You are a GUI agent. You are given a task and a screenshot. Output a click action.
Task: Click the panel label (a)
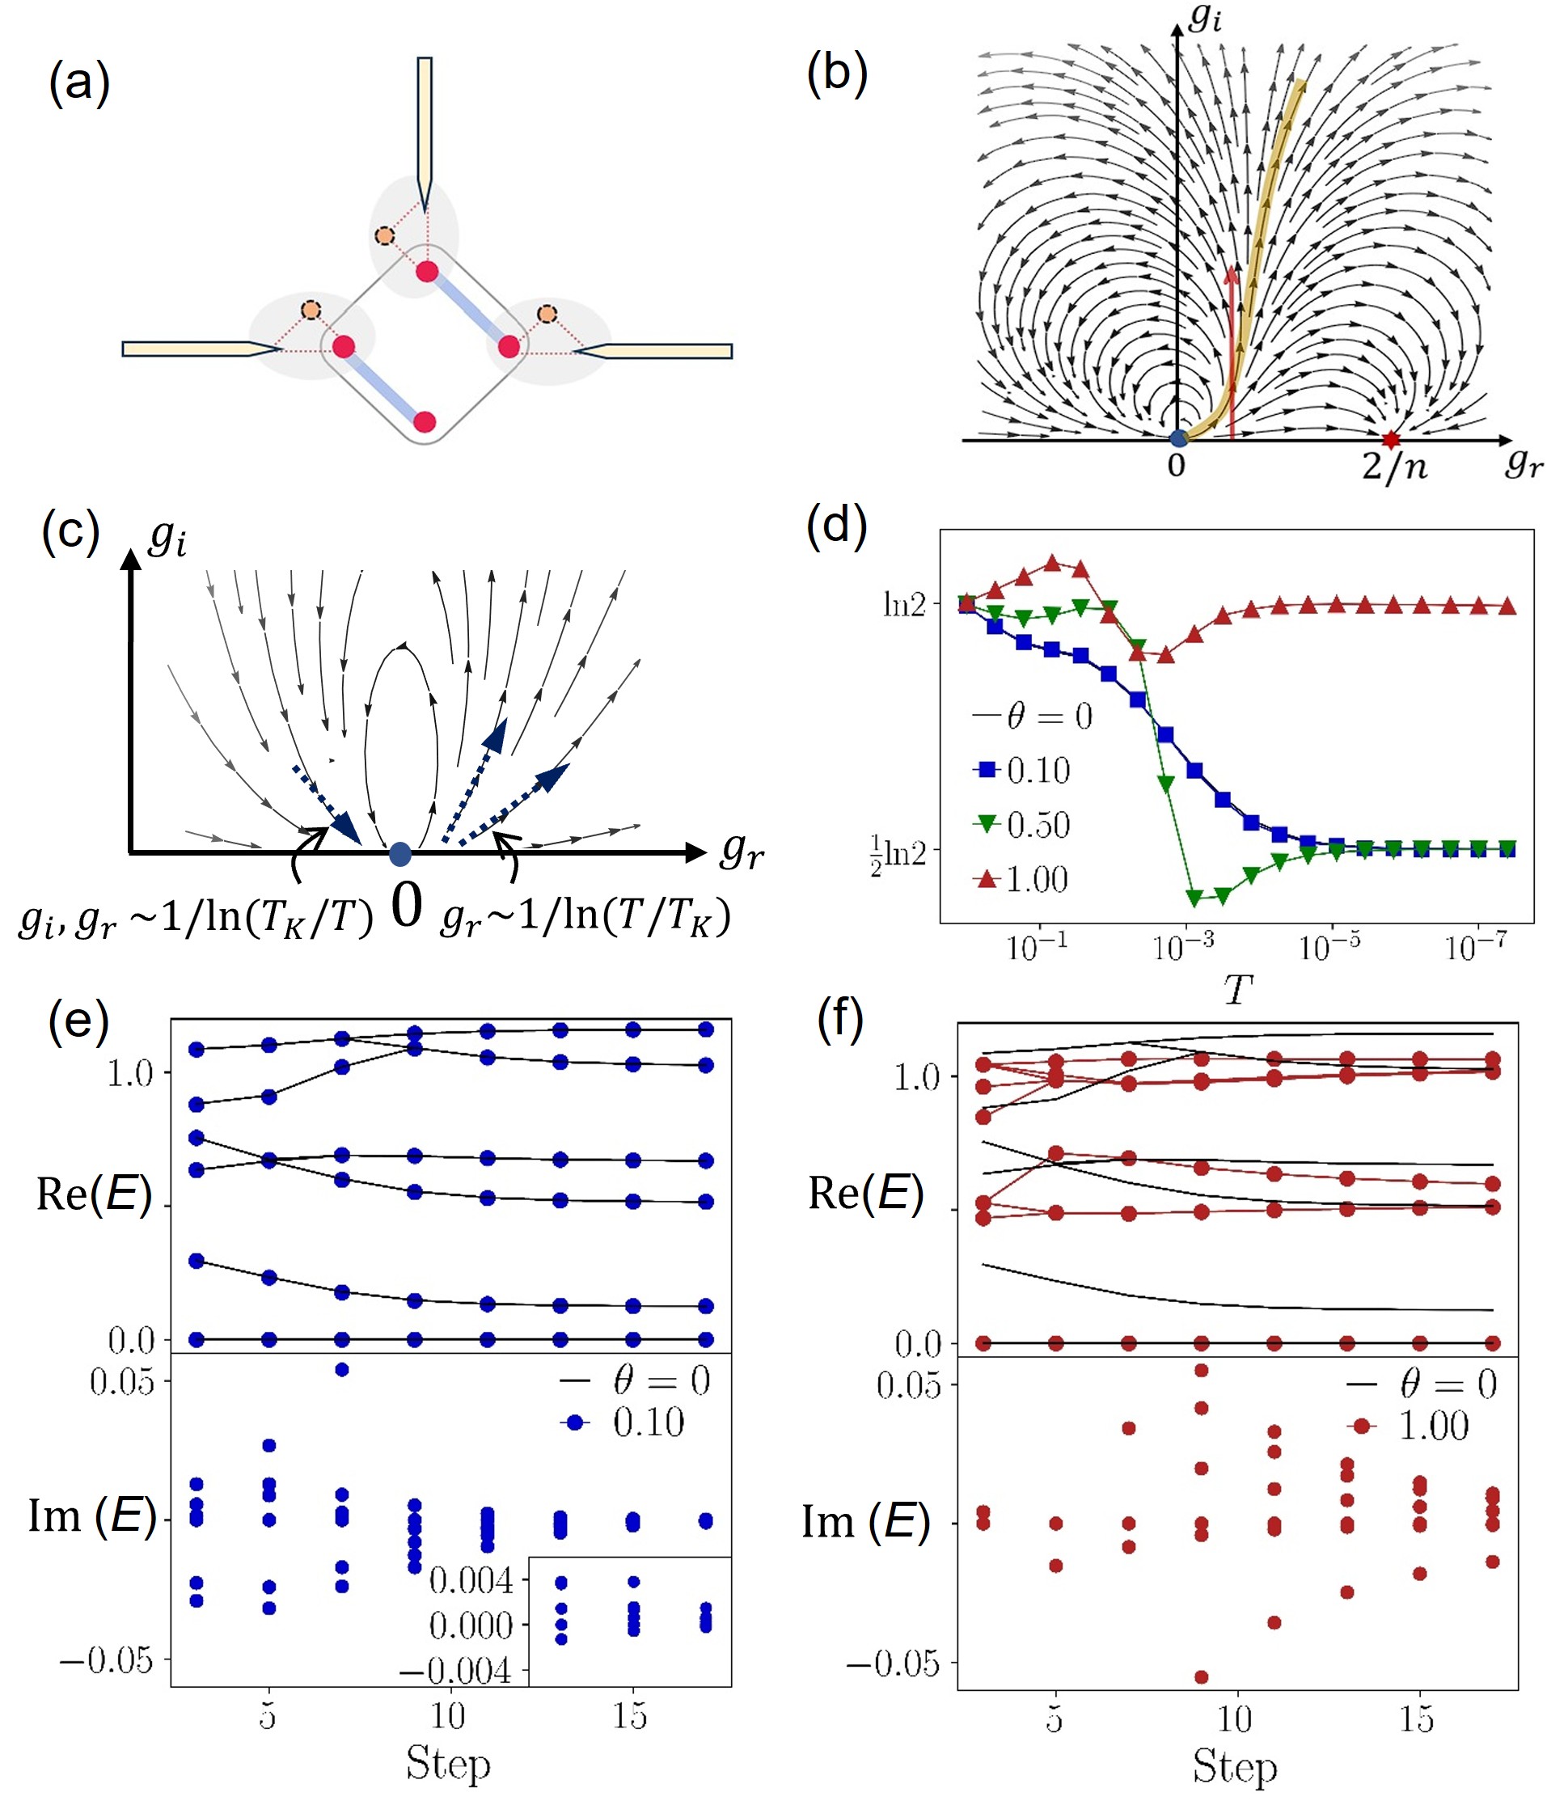coord(79,84)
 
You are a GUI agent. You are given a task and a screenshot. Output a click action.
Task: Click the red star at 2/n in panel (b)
coord(1390,440)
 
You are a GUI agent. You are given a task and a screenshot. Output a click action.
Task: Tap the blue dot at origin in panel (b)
coord(1177,438)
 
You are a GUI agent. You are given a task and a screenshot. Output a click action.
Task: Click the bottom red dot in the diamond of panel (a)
coord(425,422)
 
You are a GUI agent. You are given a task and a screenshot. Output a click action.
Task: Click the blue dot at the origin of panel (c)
coord(399,854)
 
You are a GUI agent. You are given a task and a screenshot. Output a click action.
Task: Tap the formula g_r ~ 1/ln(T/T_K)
coord(586,917)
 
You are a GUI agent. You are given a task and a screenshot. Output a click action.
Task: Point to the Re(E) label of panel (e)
coord(93,1194)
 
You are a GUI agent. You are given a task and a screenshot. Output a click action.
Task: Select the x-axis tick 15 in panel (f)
coord(1416,1718)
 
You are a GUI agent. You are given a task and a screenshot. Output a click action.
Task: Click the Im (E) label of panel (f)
coord(865,1521)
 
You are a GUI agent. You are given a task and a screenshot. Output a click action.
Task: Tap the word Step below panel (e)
coord(448,1763)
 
